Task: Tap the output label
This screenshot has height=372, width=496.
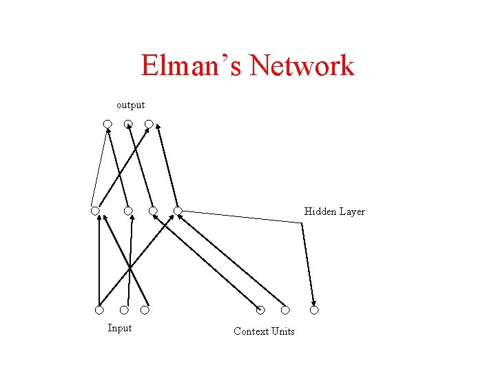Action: coord(130,105)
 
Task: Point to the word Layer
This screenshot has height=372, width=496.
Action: coord(352,212)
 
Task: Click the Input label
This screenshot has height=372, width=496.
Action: coord(119,328)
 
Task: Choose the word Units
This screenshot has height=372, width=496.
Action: coord(283,331)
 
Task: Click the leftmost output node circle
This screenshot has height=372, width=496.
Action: coord(107,124)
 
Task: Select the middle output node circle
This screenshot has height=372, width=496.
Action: coord(128,124)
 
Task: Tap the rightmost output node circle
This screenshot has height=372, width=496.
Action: coord(149,124)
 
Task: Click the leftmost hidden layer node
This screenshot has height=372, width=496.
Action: coord(95,210)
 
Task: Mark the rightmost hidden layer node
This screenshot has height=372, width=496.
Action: coord(177,210)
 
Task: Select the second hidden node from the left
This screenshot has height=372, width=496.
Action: coord(128,210)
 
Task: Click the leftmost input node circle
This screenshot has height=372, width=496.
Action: coord(99,310)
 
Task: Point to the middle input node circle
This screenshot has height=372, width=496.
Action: coord(124,310)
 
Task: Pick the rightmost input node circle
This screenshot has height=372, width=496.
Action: coord(145,310)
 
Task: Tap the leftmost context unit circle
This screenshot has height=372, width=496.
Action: coord(260,310)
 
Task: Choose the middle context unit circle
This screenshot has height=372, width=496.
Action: coord(285,310)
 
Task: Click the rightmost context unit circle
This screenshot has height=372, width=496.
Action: coord(314,310)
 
